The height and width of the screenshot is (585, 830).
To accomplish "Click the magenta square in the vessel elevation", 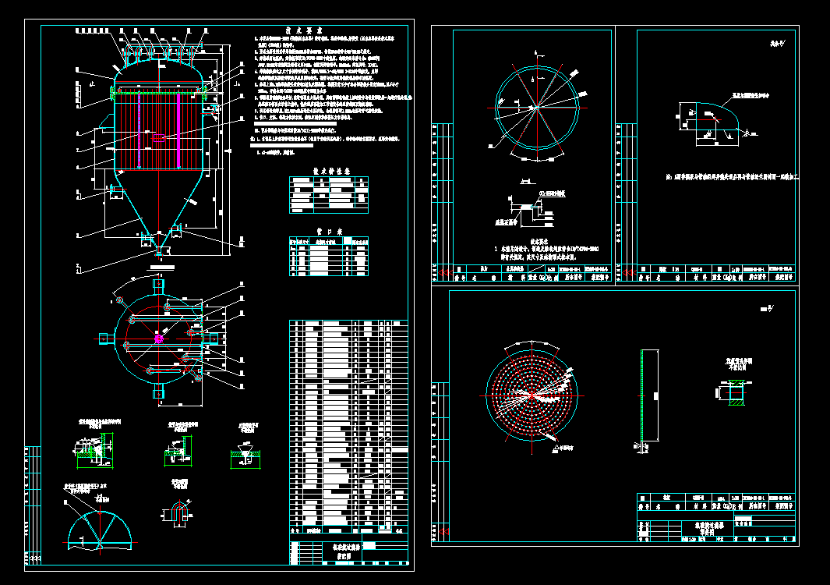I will click(159, 138).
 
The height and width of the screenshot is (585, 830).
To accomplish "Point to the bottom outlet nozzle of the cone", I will click(159, 251).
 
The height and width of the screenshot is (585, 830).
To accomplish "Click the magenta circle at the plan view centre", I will click(159, 339).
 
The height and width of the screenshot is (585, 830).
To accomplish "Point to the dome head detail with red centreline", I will click(99, 522).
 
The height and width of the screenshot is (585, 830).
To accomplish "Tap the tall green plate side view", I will click(641, 399).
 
